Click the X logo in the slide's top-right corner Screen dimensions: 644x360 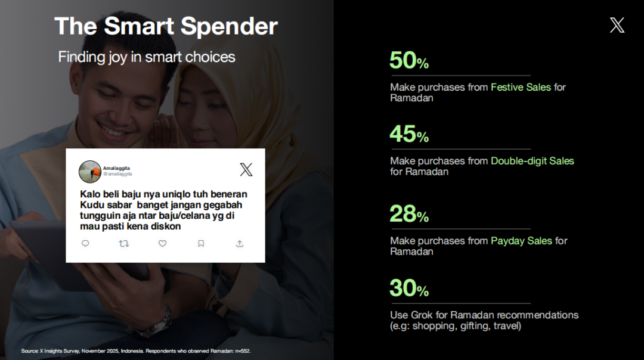[617, 26]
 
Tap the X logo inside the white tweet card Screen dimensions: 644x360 [246, 169]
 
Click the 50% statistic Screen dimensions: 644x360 [409, 60]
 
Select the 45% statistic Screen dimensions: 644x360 [409, 134]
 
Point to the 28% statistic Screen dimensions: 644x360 [409, 214]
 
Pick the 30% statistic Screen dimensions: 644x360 [409, 288]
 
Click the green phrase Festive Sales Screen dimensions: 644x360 [521, 87]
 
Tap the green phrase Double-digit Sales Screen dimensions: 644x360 [532, 161]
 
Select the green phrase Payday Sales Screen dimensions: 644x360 [521, 241]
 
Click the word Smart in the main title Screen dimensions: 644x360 [139, 26]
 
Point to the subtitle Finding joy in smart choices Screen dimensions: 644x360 [147, 57]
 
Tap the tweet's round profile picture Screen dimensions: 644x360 [90, 172]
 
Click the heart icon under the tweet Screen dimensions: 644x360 [163, 243]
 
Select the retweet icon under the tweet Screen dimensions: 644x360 [124, 244]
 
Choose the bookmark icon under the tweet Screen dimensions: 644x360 [201, 243]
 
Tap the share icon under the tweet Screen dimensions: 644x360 [240, 243]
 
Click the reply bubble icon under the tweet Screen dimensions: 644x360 [85, 243]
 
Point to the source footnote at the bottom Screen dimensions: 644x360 [136, 351]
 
